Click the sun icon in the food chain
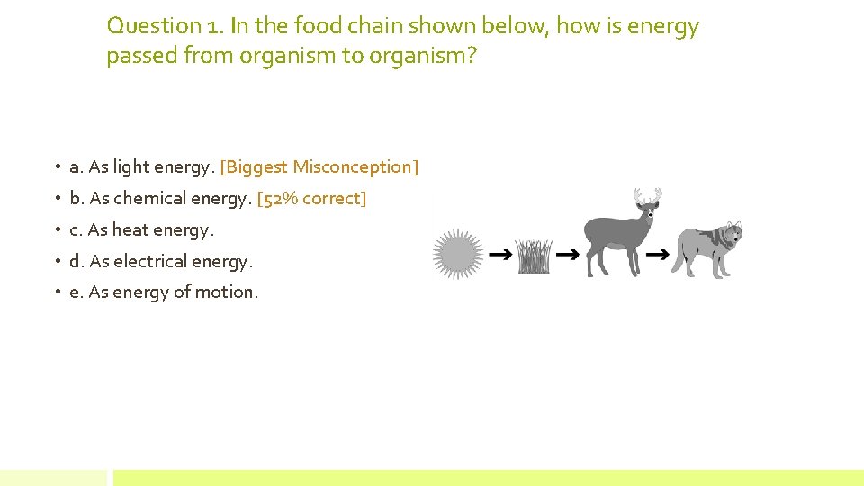coord(458,253)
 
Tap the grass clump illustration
coord(534,257)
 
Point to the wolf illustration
coord(709,249)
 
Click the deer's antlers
coord(648,195)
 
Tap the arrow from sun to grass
coord(500,256)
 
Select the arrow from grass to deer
coord(567,256)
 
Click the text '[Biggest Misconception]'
coord(319,166)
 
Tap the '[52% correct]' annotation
coord(311,198)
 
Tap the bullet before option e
coord(56,292)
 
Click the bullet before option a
coord(56,167)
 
